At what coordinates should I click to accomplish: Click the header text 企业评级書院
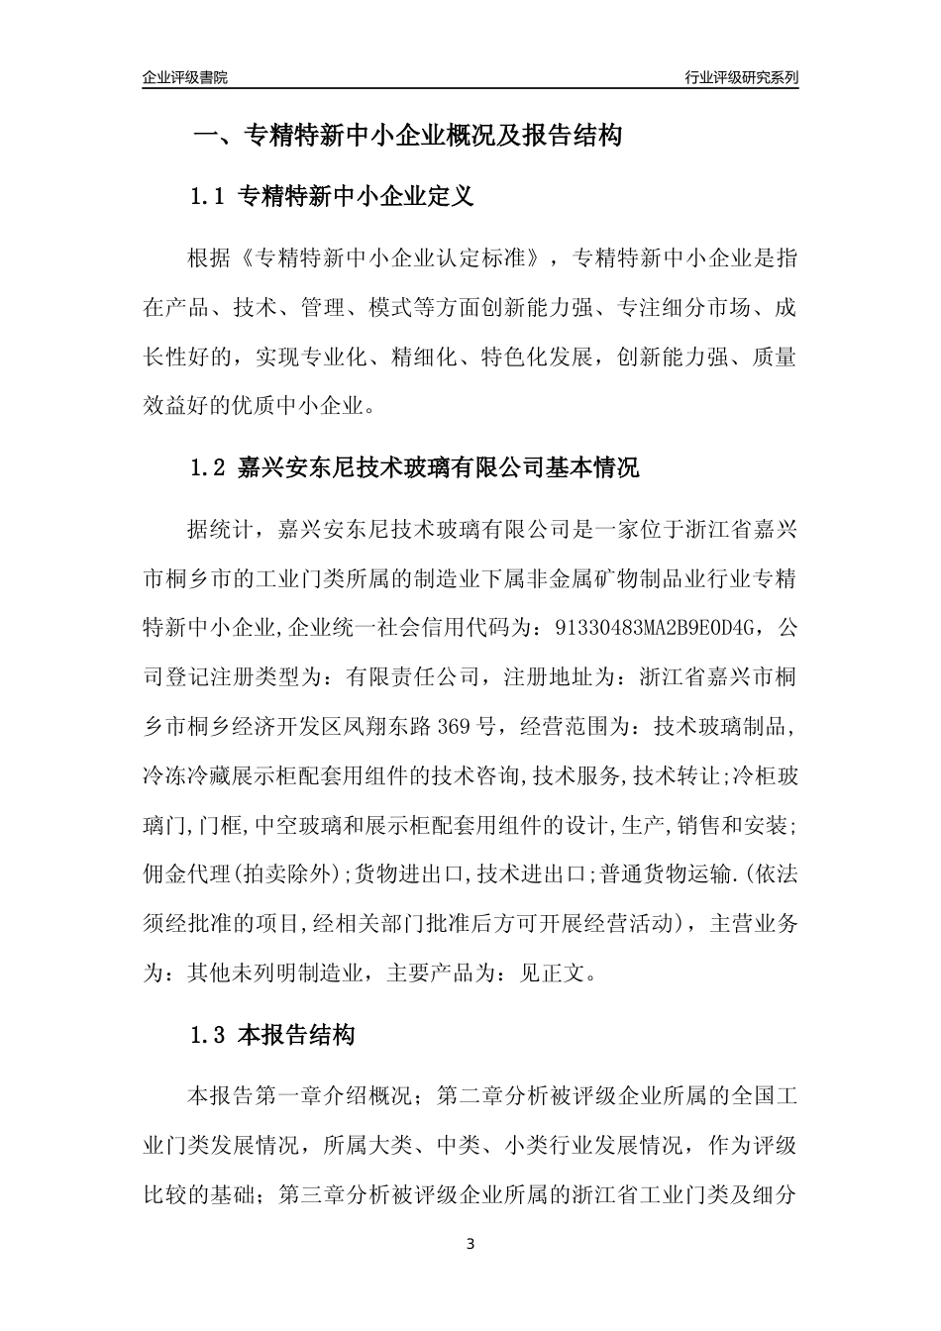point(185,77)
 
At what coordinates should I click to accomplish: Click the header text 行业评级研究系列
point(741,77)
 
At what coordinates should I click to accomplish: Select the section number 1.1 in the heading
point(208,196)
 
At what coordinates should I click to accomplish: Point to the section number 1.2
point(208,467)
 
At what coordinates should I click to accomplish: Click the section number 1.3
point(208,1036)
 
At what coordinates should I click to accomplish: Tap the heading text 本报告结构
point(297,1036)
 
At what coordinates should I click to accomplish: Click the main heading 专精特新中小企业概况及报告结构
point(433,136)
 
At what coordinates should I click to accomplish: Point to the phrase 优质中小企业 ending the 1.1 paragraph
point(307,405)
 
